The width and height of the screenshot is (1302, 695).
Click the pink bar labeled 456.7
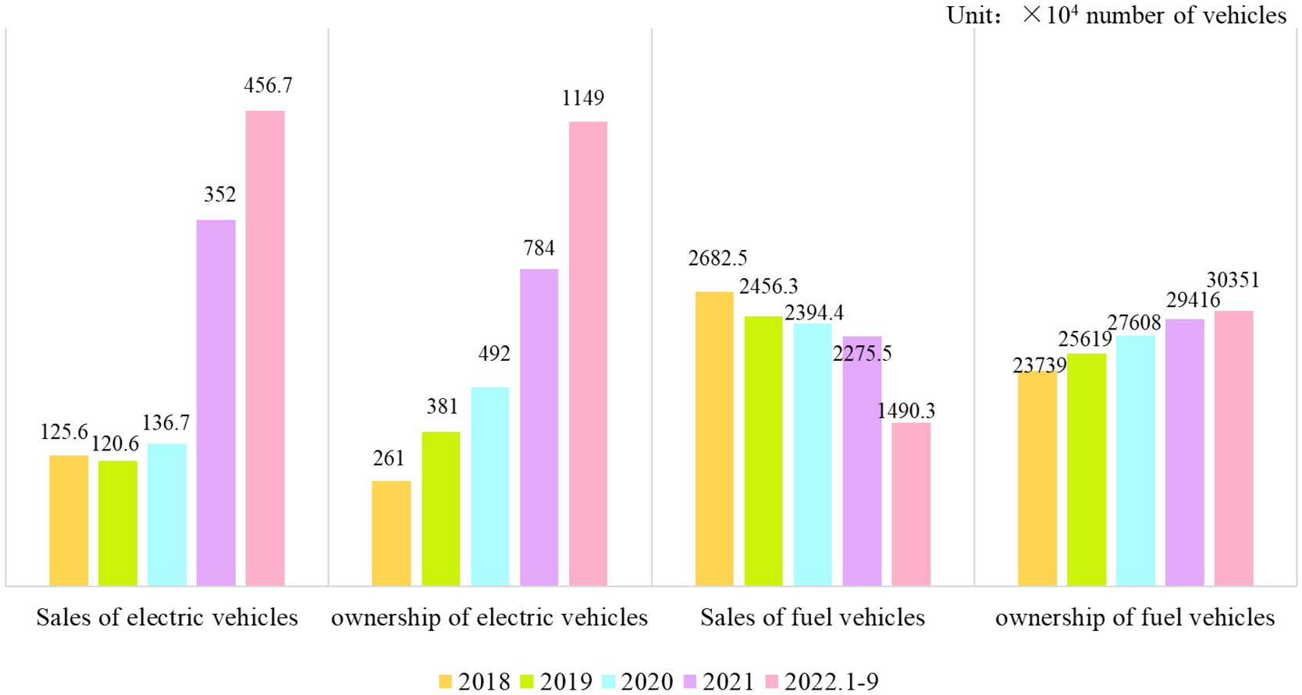click(265, 347)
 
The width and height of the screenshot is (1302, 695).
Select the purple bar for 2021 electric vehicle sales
click(215, 402)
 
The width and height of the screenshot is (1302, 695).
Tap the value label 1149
click(582, 98)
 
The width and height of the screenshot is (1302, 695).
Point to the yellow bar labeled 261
click(391, 533)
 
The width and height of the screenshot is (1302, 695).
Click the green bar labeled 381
click(440, 508)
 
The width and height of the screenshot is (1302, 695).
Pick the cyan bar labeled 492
click(489, 486)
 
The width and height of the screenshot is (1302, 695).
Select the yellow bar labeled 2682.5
click(713, 438)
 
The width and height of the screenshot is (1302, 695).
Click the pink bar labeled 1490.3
click(911, 504)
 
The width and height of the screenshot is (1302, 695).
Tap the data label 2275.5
click(862, 354)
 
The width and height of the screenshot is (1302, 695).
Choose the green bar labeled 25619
click(1086, 469)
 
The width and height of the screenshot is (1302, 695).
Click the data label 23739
click(1039, 365)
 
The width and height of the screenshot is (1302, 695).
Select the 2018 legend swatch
click(446, 682)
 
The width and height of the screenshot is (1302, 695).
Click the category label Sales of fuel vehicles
click(812, 618)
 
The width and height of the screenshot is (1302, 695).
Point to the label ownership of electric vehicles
click(489, 618)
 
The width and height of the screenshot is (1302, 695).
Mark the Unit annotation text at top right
click(1115, 16)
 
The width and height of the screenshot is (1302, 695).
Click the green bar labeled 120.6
click(118, 522)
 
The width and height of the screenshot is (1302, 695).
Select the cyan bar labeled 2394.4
click(813, 454)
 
